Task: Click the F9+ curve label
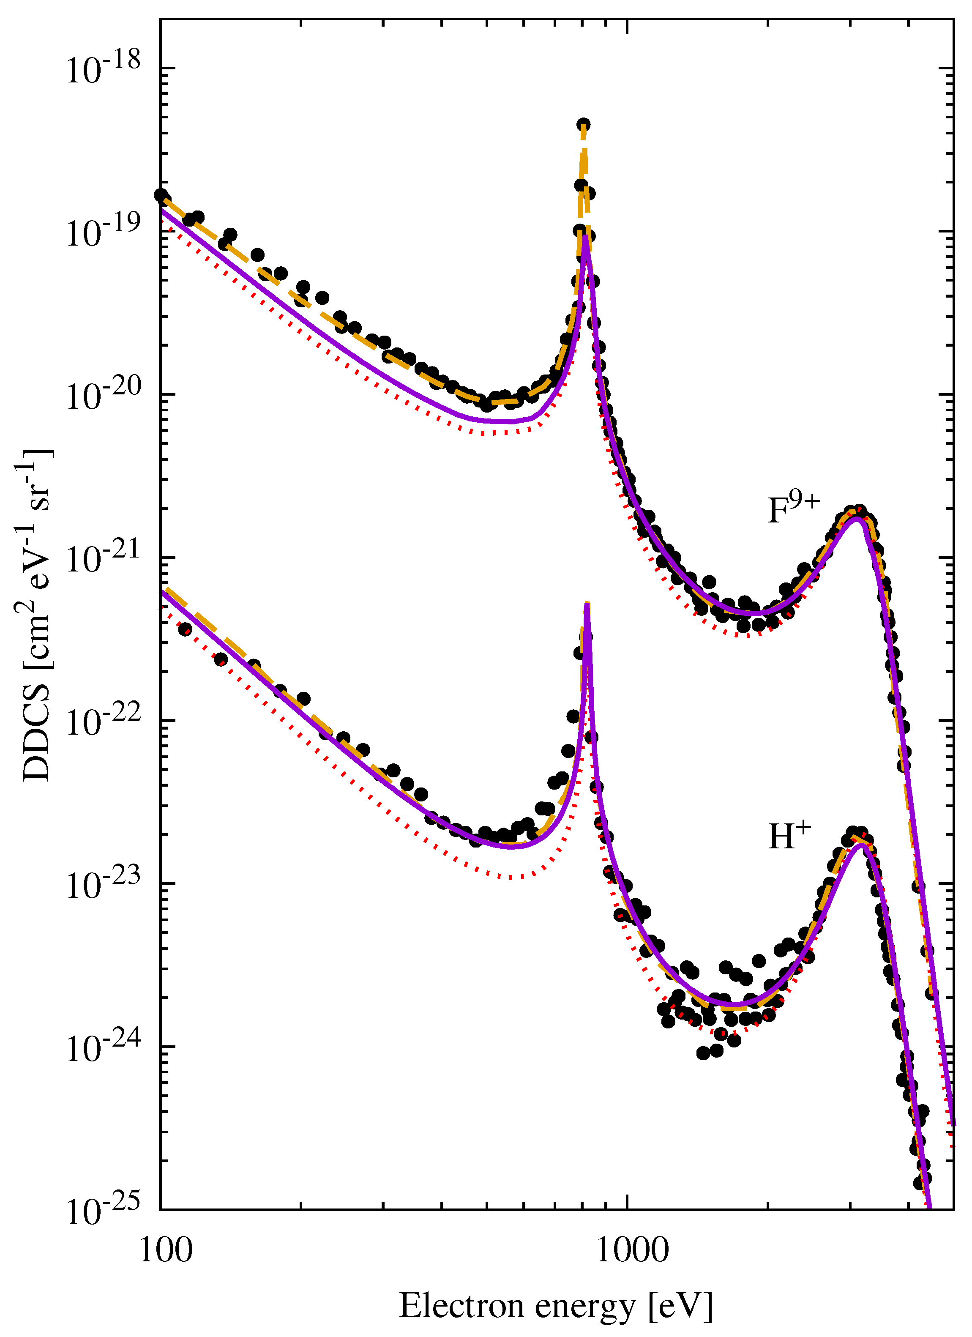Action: coord(793,509)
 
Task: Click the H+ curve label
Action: coord(789,835)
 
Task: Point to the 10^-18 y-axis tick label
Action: coord(103,70)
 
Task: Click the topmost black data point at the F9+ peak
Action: coord(584,124)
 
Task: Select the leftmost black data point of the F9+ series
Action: coord(160,194)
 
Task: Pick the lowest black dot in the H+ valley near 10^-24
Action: coord(703,1053)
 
